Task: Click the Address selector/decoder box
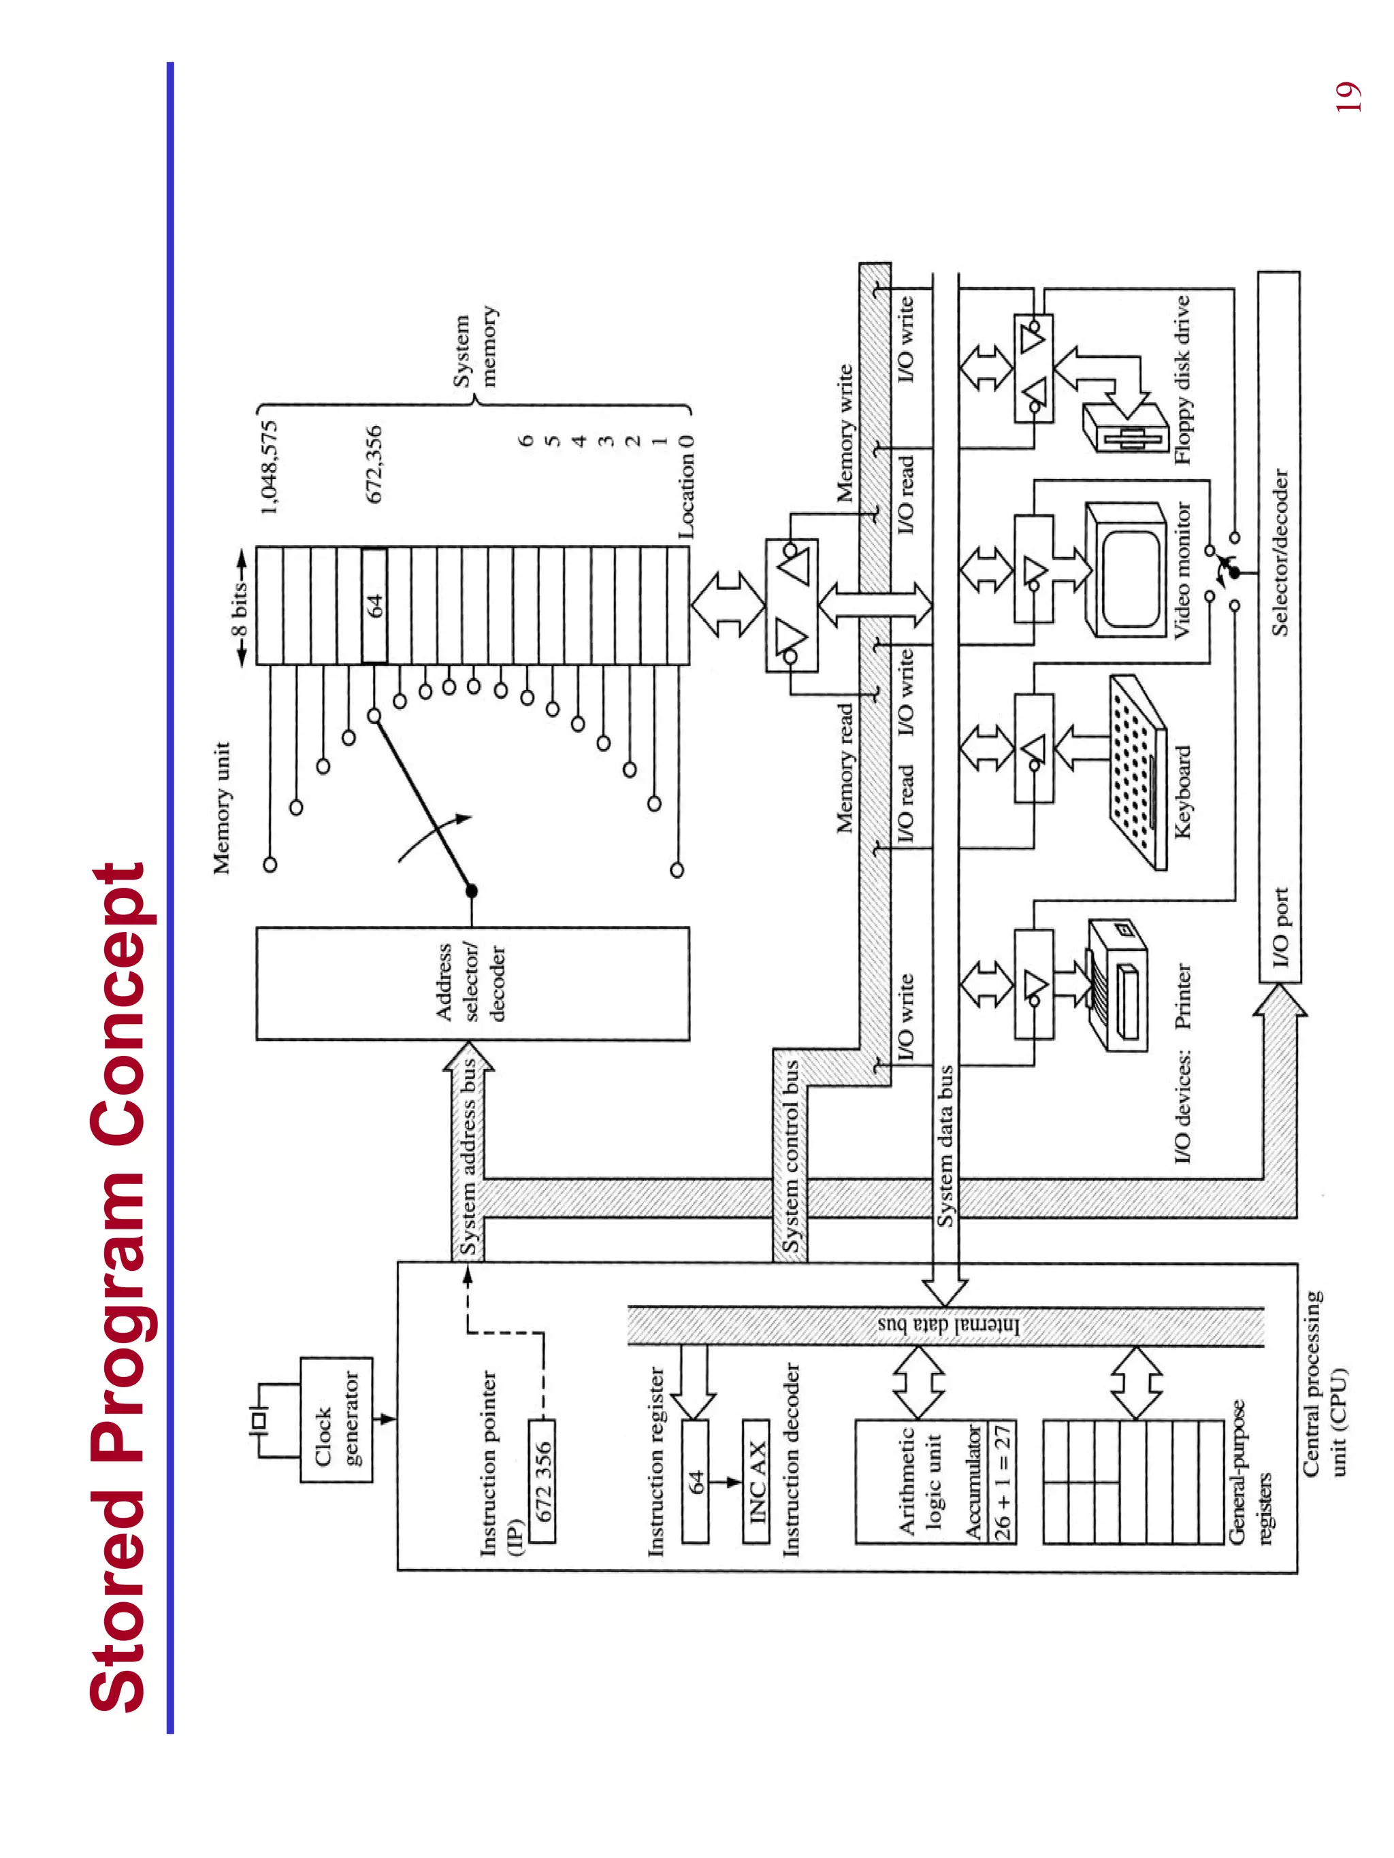click(x=472, y=983)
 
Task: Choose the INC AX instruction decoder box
click(x=756, y=1480)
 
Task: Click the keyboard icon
click(x=1137, y=773)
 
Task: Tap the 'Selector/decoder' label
click(x=1279, y=552)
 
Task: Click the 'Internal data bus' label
click(x=947, y=1325)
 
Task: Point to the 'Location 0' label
click(x=687, y=487)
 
